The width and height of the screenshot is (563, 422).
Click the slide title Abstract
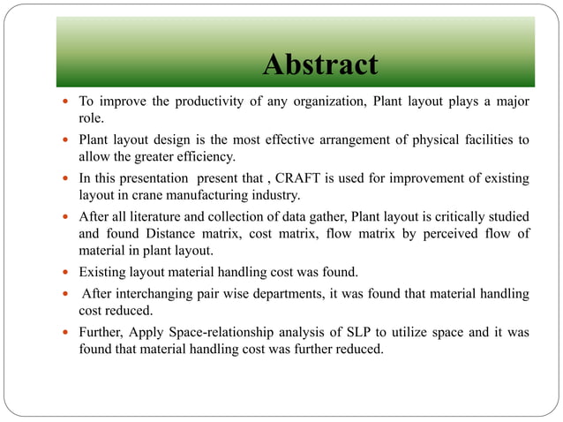pos(320,64)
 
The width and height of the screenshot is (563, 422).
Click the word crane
pos(155,194)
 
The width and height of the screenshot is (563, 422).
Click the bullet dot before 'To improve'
pos(67,102)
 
